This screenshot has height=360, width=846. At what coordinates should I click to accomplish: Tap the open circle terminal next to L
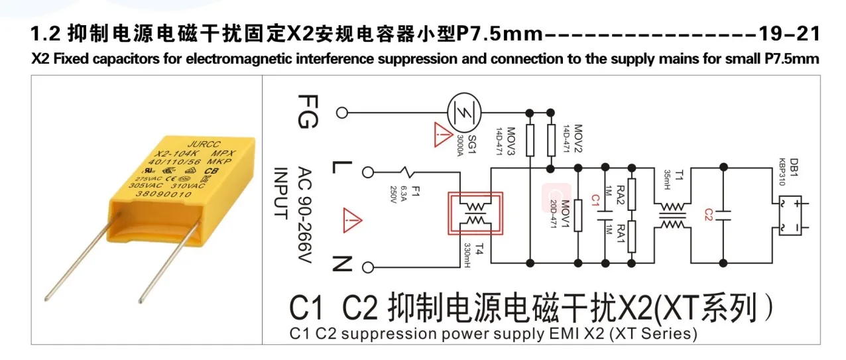point(368,172)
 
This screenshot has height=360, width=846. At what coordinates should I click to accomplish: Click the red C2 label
point(707,214)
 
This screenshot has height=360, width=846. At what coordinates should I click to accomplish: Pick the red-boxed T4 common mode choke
point(475,214)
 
